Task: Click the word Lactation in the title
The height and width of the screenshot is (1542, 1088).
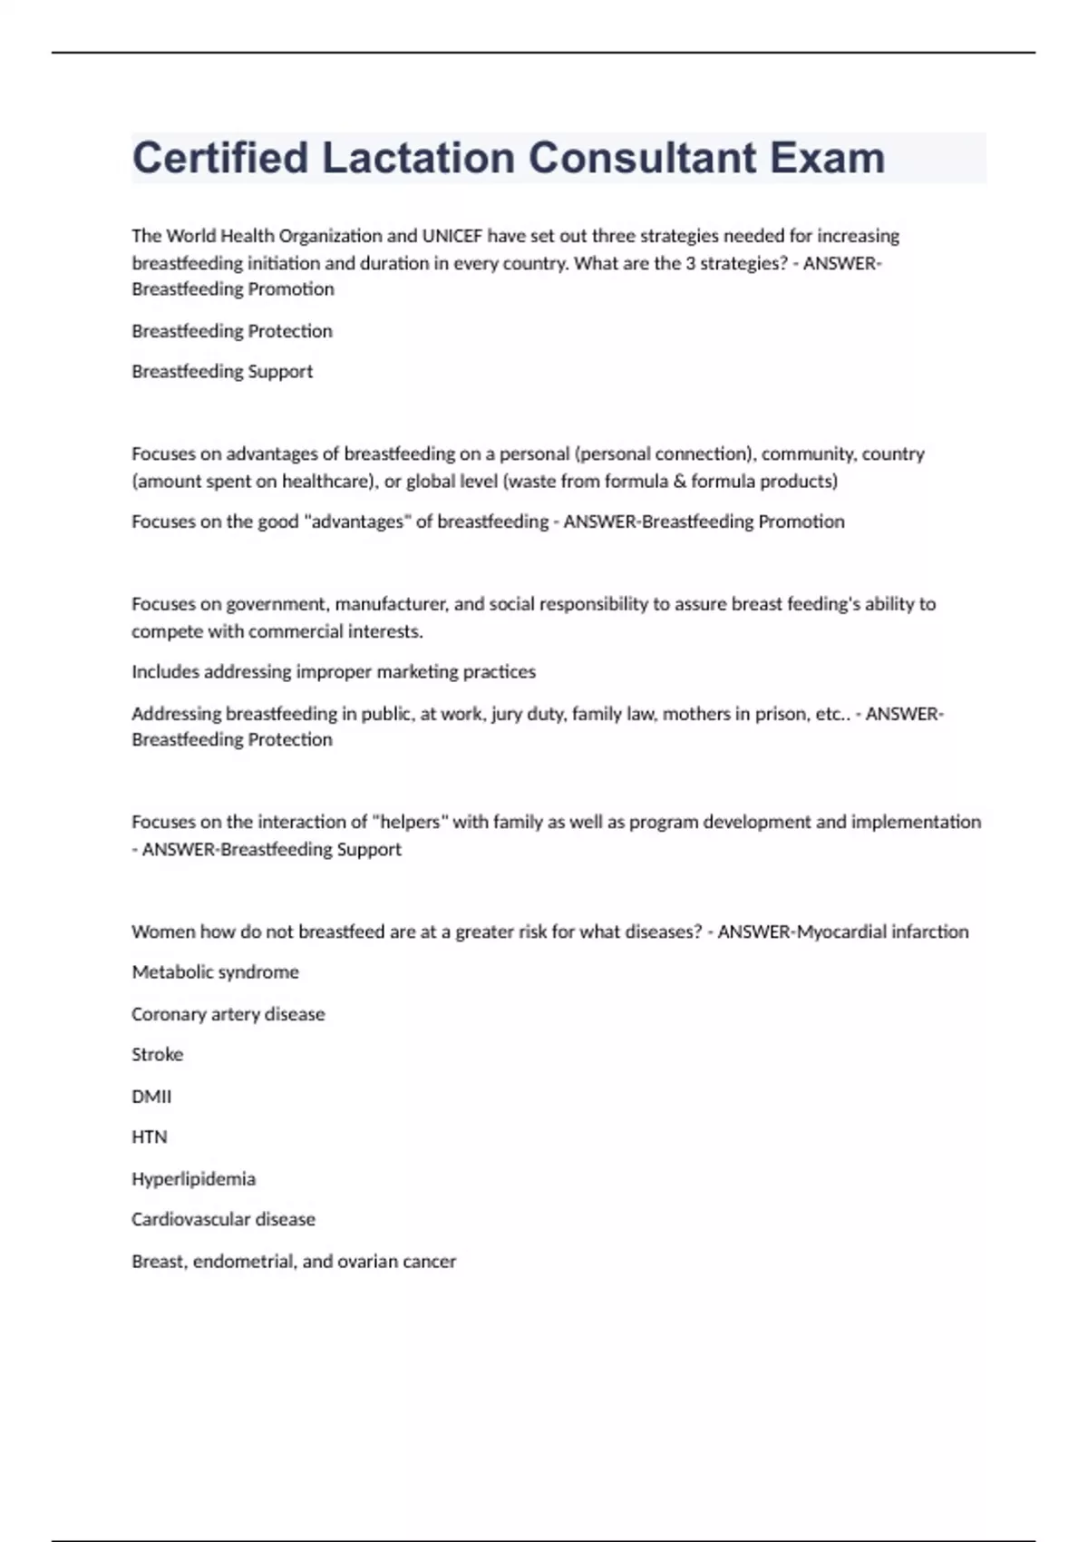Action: (418, 158)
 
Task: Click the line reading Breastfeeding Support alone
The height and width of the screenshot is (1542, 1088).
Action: (222, 371)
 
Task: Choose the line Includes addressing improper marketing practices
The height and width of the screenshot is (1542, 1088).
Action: (334, 672)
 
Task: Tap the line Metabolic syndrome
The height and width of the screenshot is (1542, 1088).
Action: (215, 972)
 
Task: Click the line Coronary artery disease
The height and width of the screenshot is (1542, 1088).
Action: (228, 1014)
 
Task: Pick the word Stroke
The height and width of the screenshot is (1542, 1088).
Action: (157, 1055)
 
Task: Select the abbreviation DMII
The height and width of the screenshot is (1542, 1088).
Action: (151, 1097)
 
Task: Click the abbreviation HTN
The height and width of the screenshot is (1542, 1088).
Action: (150, 1137)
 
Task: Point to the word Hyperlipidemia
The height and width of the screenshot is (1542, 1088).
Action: (193, 1179)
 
